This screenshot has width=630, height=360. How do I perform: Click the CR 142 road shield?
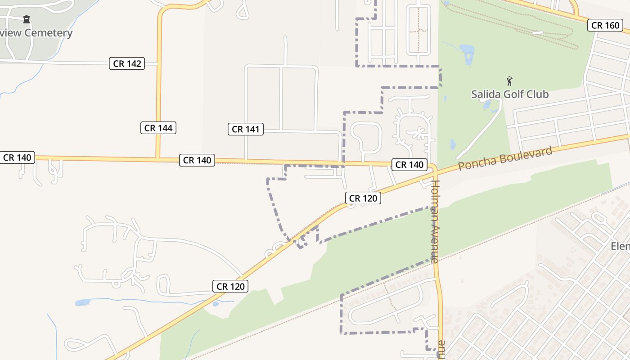[127, 63]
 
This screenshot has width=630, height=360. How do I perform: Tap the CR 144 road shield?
[158, 128]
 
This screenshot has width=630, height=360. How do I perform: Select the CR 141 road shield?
[245, 130]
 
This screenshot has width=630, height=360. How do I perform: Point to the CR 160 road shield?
[605, 25]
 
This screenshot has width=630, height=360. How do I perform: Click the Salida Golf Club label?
[510, 94]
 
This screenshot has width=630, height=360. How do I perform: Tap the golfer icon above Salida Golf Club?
[509, 81]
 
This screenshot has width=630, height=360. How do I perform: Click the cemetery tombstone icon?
[27, 19]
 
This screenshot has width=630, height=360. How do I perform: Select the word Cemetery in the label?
[48, 33]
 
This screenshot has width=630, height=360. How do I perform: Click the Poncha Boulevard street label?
[505, 158]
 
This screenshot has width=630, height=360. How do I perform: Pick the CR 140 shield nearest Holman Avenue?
[409, 165]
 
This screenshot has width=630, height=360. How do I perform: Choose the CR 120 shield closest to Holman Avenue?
[363, 198]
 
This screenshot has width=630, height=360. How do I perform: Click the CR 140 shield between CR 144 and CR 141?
[197, 160]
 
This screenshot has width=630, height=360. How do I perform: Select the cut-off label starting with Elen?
[620, 246]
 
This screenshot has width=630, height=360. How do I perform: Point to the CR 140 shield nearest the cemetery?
[17, 157]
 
